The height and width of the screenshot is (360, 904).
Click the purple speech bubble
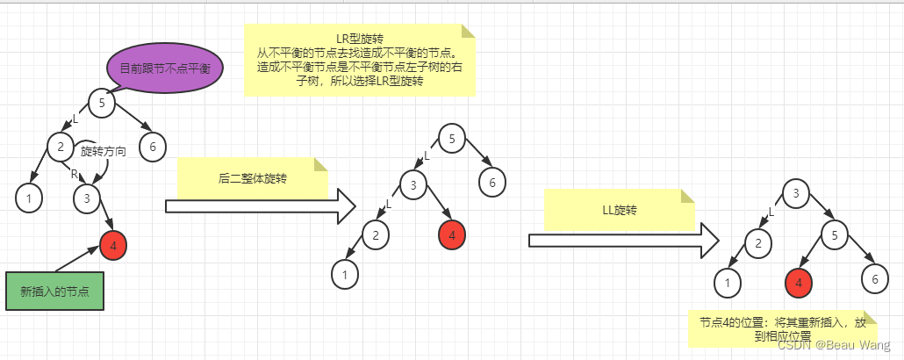[x=165, y=68]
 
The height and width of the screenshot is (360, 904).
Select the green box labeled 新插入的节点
[x=54, y=291]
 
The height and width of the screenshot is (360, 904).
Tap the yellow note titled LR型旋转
[x=360, y=60]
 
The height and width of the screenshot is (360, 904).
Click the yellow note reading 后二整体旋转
[x=252, y=178]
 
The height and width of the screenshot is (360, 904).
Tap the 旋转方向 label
[x=104, y=151]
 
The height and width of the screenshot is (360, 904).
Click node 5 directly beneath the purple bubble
[x=103, y=103]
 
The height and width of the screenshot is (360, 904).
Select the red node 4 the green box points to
[x=113, y=246]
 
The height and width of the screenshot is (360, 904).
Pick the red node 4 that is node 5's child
[x=799, y=282]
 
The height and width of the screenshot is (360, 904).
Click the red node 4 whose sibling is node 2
[x=452, y=234]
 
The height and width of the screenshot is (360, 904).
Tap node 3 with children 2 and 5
[x=795, y=193]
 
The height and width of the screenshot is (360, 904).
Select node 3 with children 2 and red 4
[x=413, y=184]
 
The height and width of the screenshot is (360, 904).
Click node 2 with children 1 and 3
[x=60, y=147]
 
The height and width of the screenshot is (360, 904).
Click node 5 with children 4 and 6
[x=835, y=234]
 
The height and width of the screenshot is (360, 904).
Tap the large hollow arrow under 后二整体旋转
[x=260, y=206]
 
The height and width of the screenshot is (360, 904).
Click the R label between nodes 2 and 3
[x=75, y=174]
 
